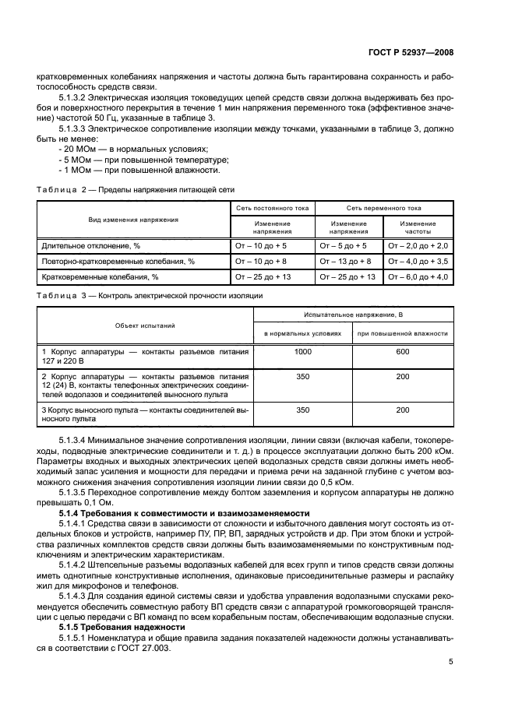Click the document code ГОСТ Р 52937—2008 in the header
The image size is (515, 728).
pyautogui.click(x=411, y=53)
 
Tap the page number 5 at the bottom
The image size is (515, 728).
pyautogui.click(x=450, y=662)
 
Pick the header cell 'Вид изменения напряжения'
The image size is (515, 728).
pyautogui.click(x=132, y=220)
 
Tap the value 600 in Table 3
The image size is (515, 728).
pyautogui.click(x=402, y=353)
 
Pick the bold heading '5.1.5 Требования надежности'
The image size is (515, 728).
pyautogui.click(x=122, y=626)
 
